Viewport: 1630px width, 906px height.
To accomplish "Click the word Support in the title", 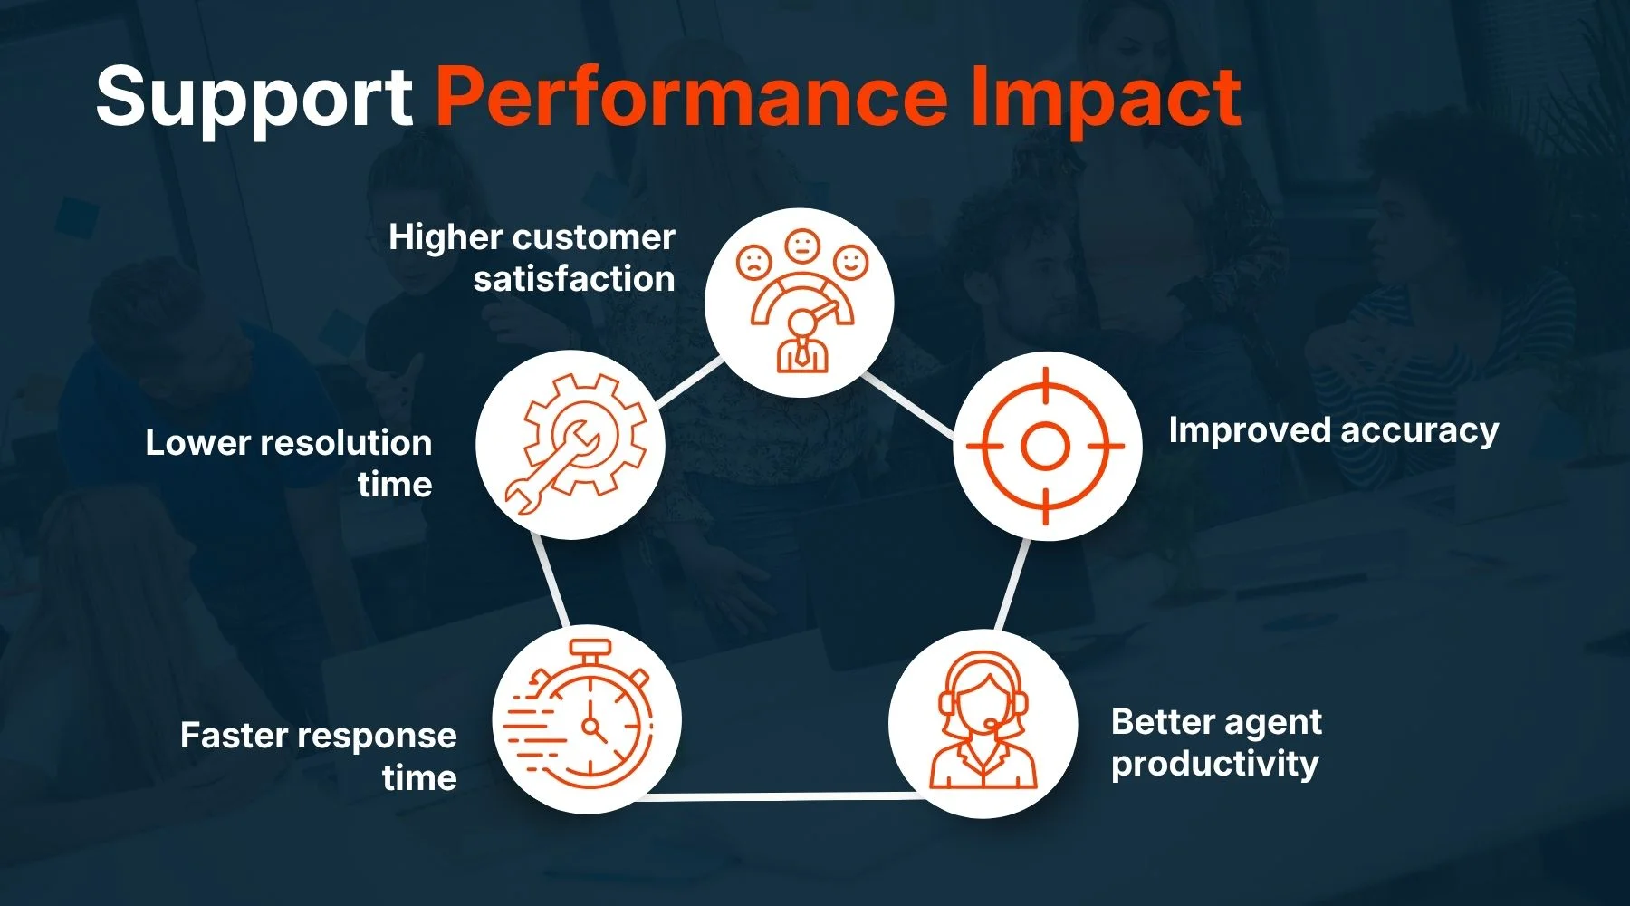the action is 254,98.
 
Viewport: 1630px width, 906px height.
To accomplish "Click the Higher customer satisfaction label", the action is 532,257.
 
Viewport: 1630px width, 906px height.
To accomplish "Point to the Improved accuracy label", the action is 1333,430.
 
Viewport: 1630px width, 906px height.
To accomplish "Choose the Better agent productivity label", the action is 1216,742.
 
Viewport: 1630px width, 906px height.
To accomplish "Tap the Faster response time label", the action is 319,756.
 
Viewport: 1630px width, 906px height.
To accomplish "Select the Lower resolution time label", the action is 289,463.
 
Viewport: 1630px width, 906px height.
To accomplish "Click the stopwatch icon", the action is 579,714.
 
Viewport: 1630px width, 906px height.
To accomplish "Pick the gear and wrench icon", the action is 574,445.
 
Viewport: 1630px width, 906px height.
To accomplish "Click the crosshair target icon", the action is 1046,446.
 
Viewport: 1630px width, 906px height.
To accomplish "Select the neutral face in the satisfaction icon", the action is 802,245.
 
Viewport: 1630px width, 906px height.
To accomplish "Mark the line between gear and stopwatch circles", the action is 551,581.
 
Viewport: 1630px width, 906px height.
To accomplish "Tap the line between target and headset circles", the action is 1012,584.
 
